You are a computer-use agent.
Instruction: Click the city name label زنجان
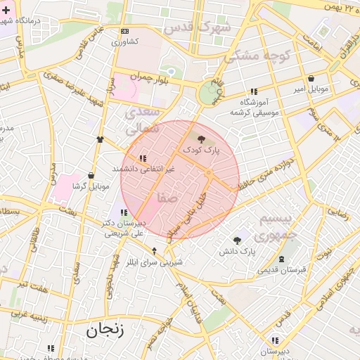pyautogui.click(x=105, y=329)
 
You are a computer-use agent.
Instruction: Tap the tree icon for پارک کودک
pyautogui.click(x=202, y=139)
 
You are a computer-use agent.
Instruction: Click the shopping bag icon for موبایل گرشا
pyautogui.click(x=91, y=176)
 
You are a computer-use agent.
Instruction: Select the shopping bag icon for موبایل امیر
pyautogui.click(x=310, y=78)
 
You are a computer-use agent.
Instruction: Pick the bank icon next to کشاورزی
pyautogui.click(x=124, y=31)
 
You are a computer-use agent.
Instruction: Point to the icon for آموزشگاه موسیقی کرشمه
pyautogui.click(x=253, y=91)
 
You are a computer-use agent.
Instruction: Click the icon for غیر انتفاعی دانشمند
pyautogui.click(x=143, y=158)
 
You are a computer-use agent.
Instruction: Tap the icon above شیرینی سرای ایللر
pyautogui.click(x=155, y=251)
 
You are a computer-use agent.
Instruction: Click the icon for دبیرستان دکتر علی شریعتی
pyautogui.click(x=124, y=212)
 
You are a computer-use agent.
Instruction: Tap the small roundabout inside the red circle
pyautogui.click(x=208, y=173)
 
